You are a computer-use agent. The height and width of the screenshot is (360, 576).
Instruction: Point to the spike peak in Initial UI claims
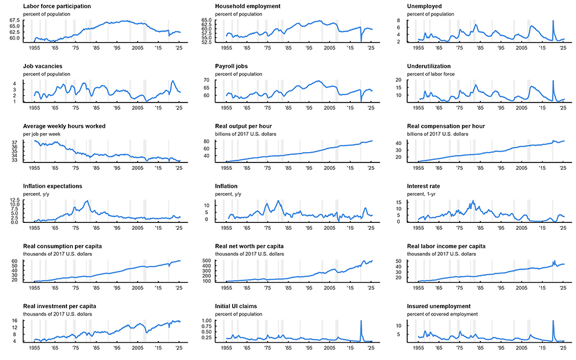pos(361,321)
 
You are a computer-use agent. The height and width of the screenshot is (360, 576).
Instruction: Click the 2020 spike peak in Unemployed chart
pos(553,21)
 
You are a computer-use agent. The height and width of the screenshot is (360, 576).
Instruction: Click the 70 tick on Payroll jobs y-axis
pos(218,80)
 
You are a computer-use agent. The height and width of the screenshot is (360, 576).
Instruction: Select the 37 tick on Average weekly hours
pos(18,142)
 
